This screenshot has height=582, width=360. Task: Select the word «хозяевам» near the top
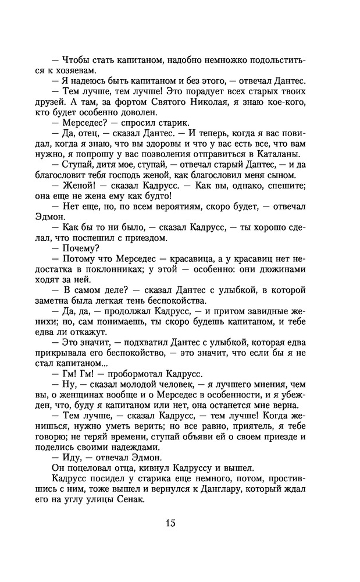74,70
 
